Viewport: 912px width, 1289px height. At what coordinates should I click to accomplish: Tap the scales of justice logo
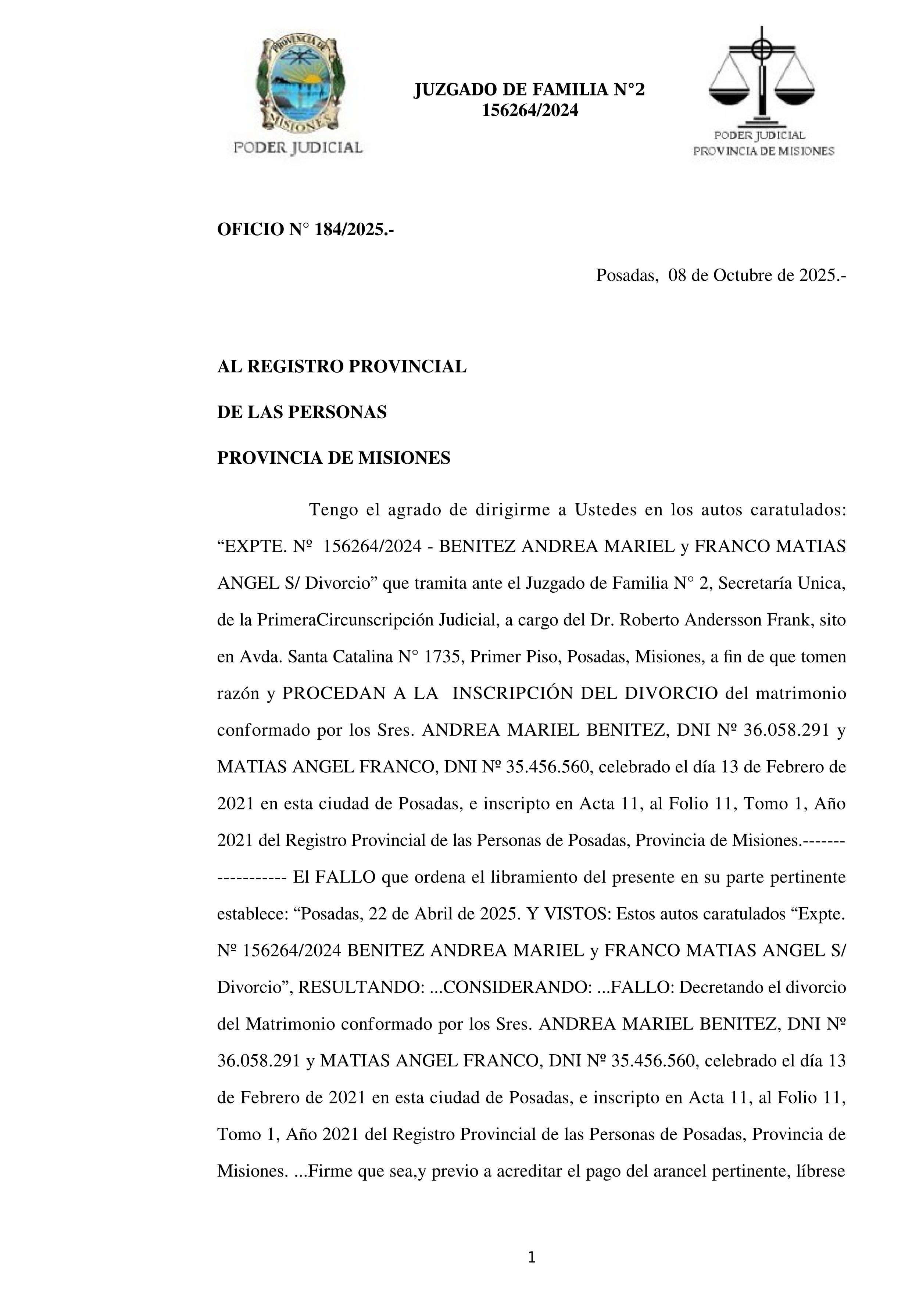[x=762, y=76]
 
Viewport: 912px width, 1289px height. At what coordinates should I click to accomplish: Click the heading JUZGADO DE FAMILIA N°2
[x=529, y=90]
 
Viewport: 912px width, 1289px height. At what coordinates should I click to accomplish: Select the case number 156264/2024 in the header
[x=530, y=111]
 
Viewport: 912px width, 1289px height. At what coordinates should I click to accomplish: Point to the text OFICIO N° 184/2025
[x=305, y=230]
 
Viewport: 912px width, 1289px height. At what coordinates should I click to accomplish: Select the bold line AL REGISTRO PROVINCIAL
[x=341, y=367]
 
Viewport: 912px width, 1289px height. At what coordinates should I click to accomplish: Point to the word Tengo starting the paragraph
[x=333, y=510]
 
